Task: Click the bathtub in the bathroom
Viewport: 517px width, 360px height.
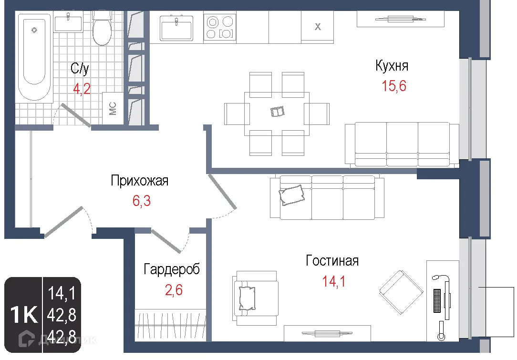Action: (x=34, y=57)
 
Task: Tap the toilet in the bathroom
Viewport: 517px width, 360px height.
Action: (x=102, y=29)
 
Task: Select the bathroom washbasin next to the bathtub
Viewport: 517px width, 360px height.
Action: (x=68, y=22)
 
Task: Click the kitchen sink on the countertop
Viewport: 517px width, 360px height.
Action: (x=176, y=27)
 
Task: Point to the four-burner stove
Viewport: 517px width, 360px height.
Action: (x=220, y=27)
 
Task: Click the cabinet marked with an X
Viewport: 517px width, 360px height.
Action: (x=318, y=27)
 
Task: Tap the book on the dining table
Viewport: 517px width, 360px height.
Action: (x=277, y=112)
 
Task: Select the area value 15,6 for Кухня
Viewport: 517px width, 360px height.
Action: (x=393, y=86)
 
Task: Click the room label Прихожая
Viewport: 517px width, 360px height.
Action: (x=139, y=181)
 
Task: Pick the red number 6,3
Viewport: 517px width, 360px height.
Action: (x=141, y=201)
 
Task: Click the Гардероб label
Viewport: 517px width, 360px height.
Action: (x=172, y=269)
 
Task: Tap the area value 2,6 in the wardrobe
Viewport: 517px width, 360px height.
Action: (x=173, y=289)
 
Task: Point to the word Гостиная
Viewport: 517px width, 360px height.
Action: (x=332, y=261)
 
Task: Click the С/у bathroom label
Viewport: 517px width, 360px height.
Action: (x=80, y=69)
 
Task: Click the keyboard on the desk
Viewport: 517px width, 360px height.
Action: (x=436, y=300)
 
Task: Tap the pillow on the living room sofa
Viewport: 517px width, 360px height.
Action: (x=292, y=195)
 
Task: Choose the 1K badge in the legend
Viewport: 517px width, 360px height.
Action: (x=24, y=315)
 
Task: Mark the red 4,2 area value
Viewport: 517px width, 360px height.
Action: (x=82, y=89)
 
